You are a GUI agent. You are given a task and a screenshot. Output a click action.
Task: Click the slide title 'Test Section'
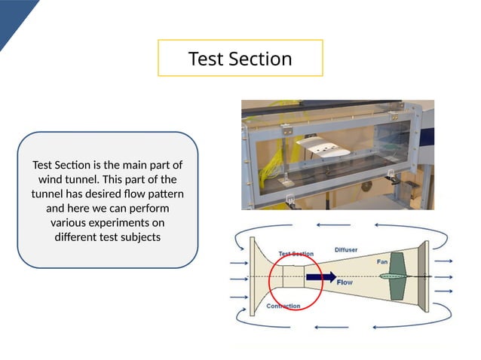(x=240, y=59)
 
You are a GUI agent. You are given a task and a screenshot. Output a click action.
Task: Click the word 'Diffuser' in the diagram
(x=346, y=249)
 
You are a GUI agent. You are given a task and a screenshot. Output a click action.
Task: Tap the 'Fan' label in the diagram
(x=382, y=261)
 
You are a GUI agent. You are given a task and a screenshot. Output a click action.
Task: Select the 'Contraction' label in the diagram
(x=283, y=306)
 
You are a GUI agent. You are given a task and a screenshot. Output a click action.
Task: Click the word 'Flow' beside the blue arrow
(x=345, y=282)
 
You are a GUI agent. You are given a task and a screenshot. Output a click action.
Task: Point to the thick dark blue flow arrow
(x=320, y=277)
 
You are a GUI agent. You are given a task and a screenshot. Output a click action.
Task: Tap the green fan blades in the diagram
(x=400, y=276)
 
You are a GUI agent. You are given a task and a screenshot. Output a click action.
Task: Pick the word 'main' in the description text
(x=130, y=165)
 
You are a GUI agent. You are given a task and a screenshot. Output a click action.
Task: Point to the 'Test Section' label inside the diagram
(x=296, y=254)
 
